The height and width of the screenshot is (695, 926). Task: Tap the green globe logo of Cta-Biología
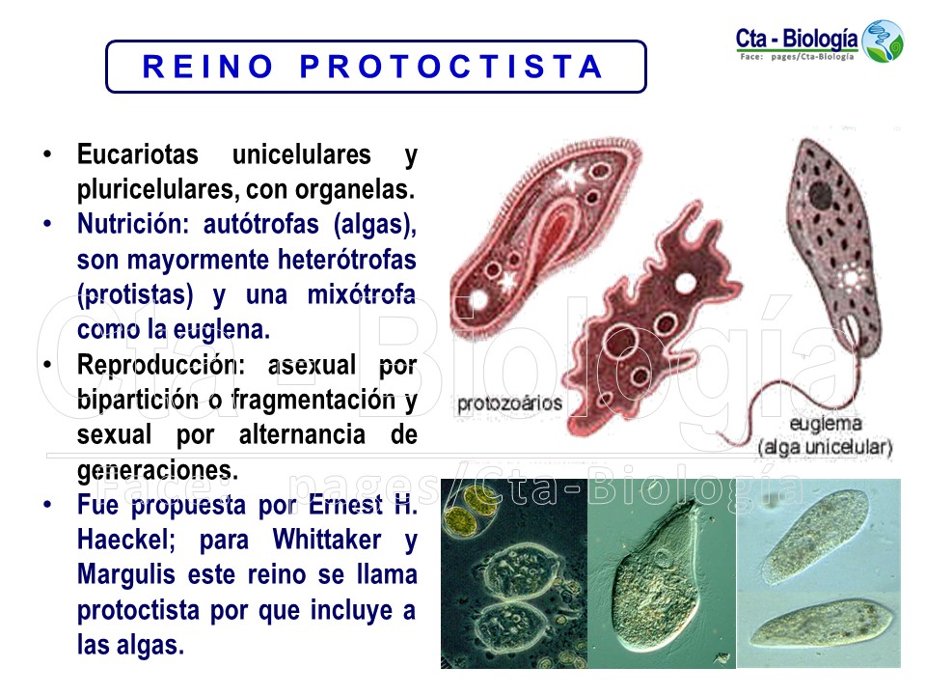click(x=883, y=42)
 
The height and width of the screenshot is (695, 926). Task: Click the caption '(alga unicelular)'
click(x=825, y=448)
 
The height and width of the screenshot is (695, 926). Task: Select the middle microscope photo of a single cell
click(x=661, y=573)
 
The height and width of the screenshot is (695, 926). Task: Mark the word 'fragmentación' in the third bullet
click(x=317, y=400)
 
